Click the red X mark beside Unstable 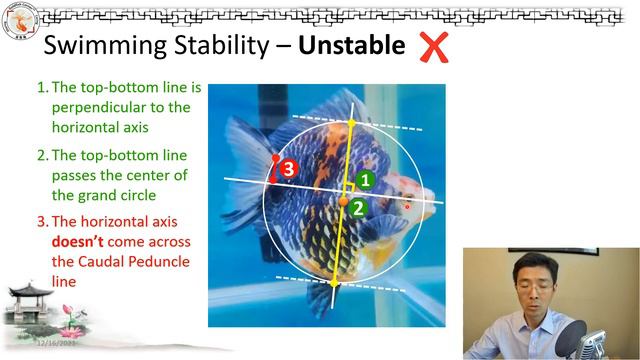(x=433, y=46)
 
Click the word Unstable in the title (x=351, y=46)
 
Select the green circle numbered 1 (x=366, y=180)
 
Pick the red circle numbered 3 (x=288, y=169)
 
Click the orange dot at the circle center (x=343, y=202)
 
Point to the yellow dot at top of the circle (x=351, y=123)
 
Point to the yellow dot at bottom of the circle (x=334, y=283)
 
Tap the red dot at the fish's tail (x=275, y=157)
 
